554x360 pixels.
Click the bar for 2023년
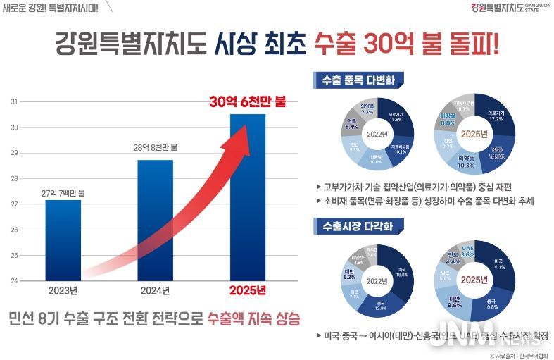point(63,240)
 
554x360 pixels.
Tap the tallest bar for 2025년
point(248,197)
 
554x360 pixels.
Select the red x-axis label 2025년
point(248,290)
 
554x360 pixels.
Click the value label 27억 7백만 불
point(63,192)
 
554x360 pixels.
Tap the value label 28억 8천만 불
point(155,148)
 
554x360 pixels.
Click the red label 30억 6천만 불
point(248,101)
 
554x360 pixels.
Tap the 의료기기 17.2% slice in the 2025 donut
point(496,116)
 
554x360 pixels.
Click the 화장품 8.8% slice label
point(448,119)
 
